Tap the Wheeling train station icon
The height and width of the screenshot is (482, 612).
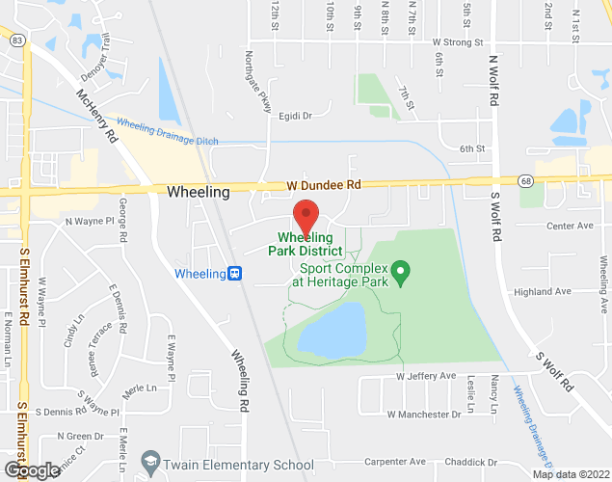[x=234, y=274]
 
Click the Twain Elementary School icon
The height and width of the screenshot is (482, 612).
[x=149, y=465]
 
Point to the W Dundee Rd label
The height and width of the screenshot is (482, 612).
[x=323, y=184]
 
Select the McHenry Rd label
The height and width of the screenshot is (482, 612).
[x=95, y=118]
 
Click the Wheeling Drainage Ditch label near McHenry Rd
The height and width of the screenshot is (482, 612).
[x=168, y=132]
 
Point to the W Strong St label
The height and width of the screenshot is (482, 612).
[x=458, y=42]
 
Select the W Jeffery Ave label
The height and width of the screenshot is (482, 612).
[x=425, y=375]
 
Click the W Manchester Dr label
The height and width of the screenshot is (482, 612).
[x=424, y=414]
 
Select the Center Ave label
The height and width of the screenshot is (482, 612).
[x=570, y=226]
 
